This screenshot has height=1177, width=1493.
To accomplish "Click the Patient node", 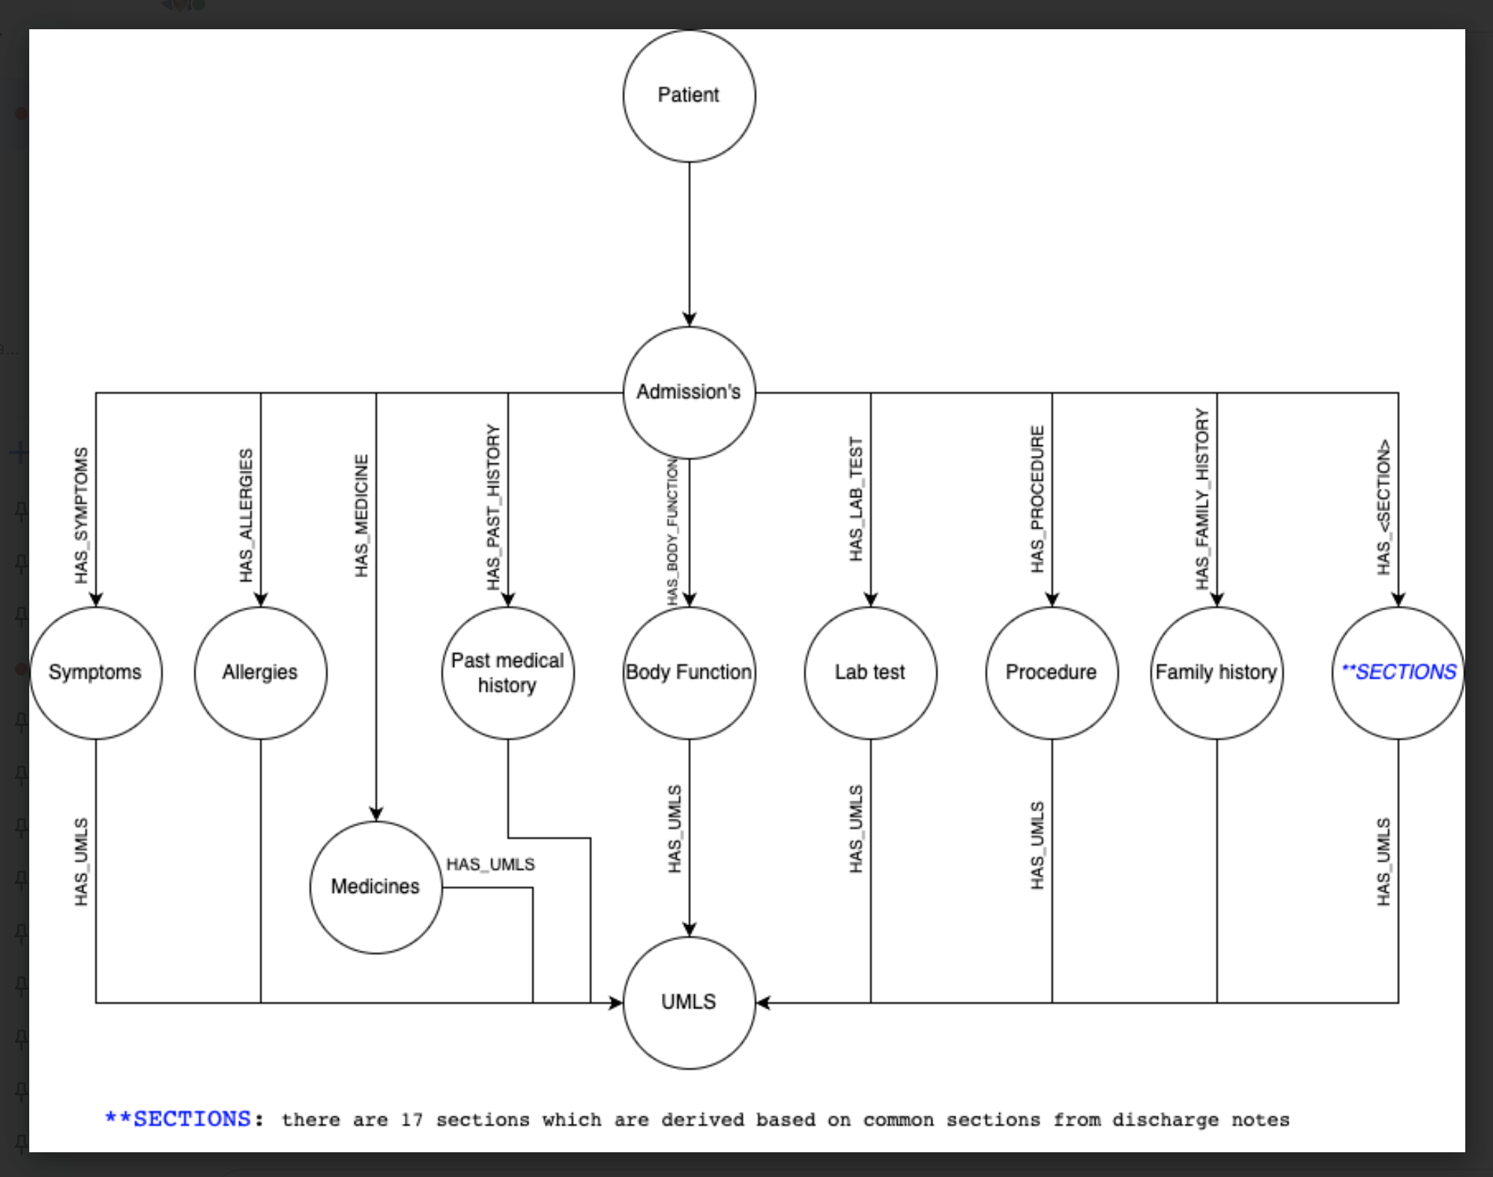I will [x=689, y=96].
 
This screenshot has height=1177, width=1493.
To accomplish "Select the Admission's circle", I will [x=689, y=392].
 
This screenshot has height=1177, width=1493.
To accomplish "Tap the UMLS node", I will [x=689, y=1002].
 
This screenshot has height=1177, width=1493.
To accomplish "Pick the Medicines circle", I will [x=375, y=887].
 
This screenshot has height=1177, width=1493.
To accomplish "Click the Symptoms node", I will [x=95, y=672].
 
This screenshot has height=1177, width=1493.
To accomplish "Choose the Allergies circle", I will [x=260, y=672].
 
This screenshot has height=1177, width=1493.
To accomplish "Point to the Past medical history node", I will [x=507, y=672].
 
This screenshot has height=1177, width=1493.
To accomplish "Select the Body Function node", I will [x=689, y=672].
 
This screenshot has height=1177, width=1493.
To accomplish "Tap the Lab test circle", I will [x=870, y=672].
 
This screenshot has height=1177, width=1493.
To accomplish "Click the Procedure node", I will [x=1052, y=672].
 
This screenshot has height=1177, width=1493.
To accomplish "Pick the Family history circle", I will [x=1216, y=672].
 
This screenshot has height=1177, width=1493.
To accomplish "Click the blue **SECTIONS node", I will [x=1398, y=672].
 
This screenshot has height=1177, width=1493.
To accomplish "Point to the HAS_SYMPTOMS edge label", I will [x=81, y=515].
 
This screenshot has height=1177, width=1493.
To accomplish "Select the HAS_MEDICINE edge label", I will [x=361, y=515].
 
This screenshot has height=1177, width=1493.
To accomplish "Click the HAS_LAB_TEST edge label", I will [x=856, y=499].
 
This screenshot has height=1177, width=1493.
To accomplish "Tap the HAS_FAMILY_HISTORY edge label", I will [x=1202, y=499].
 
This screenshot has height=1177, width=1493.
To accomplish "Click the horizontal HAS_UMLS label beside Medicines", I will [x=490, y=864].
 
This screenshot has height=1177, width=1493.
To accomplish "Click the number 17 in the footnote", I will [x=411, y=1120].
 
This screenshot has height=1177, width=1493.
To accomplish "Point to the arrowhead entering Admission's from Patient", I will [x=689, y=319].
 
